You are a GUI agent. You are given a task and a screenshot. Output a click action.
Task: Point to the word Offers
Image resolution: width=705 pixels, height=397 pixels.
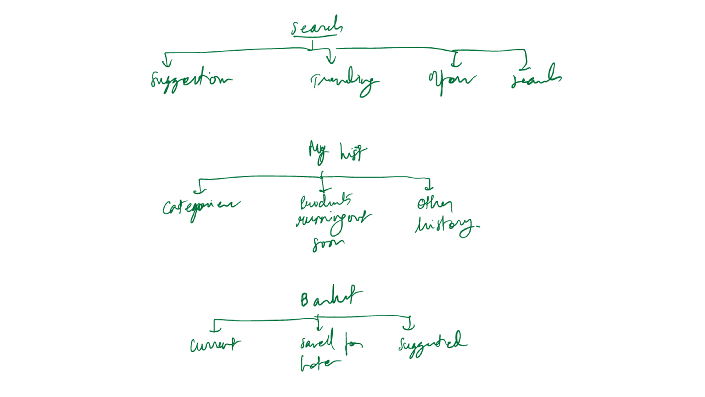452,79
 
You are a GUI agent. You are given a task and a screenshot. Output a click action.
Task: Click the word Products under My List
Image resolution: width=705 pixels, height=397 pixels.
326,201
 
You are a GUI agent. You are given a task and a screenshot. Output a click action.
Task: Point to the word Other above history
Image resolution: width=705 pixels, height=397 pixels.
434,204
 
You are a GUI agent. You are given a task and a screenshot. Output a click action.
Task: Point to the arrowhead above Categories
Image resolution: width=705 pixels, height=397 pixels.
200,191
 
